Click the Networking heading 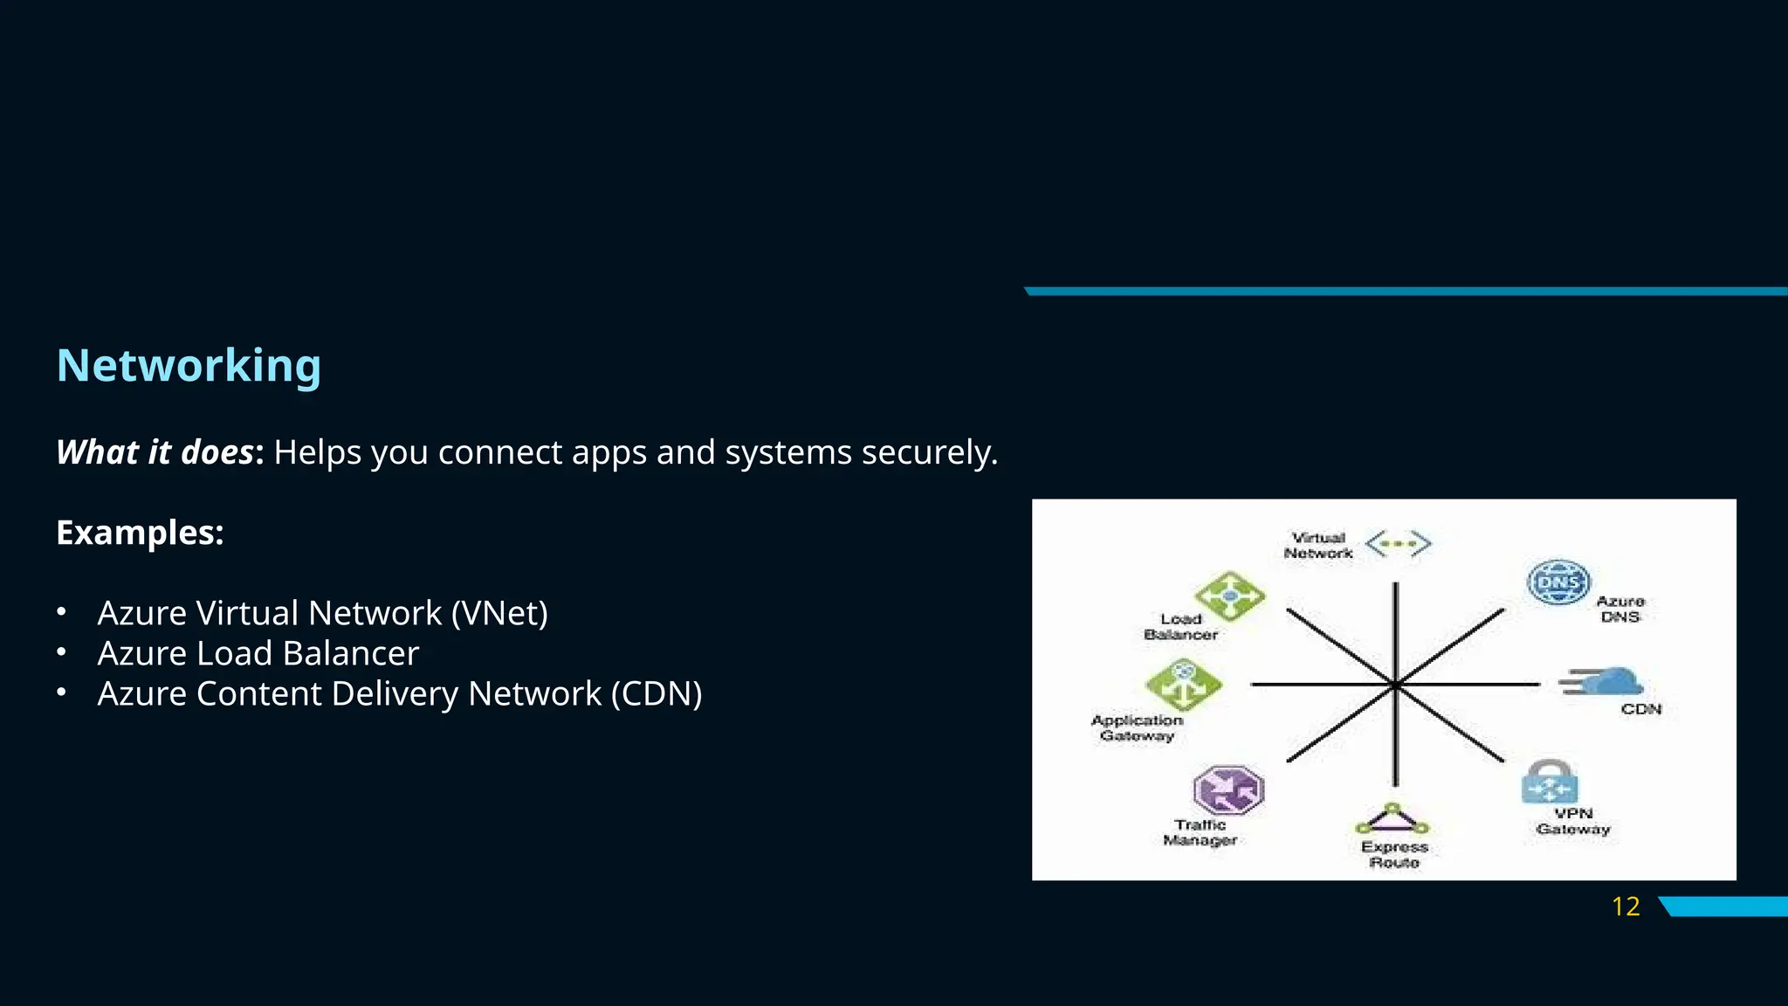[189, 365]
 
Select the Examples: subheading [140, 533]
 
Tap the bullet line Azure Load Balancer [258, 653]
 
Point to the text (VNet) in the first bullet [499, 613]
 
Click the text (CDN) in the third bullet [657, 693]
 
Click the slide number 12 [1626, 906]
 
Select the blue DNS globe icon [1558, 582]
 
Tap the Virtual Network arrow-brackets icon [1398, 544]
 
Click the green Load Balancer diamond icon [1230, 596]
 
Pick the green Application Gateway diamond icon [1184, 684]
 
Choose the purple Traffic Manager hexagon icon [1228, 789]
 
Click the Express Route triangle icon [1393, 820]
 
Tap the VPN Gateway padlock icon [1550, 782]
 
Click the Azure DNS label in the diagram [1620, 609]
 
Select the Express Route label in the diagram [1394, 854]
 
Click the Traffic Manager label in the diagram [1200, 832]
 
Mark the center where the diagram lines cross [1395, 686]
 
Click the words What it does [155, 452]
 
